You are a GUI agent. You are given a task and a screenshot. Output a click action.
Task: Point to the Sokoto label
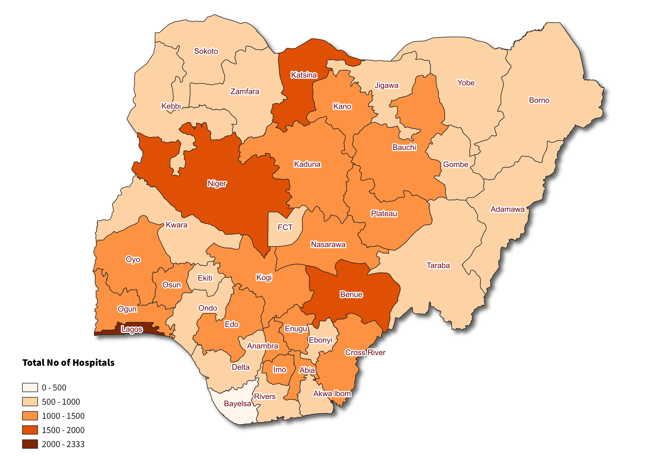point(206,51)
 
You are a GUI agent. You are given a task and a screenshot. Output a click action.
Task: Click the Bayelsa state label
point(237,404)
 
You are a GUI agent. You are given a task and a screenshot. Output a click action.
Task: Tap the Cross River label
point(365,352)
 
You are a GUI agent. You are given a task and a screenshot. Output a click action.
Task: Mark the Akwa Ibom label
point(332,393)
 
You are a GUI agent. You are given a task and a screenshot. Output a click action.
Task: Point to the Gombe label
point(456,164)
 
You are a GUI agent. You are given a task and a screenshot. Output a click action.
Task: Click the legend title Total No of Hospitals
point(68,362)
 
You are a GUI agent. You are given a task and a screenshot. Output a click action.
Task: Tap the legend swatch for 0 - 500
point(30,388)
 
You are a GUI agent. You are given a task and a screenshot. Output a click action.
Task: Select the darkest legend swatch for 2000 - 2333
point(30,444)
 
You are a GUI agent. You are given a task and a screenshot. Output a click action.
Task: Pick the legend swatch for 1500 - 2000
point(30,430)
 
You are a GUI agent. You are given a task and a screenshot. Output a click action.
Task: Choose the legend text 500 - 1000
point(61,402)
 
